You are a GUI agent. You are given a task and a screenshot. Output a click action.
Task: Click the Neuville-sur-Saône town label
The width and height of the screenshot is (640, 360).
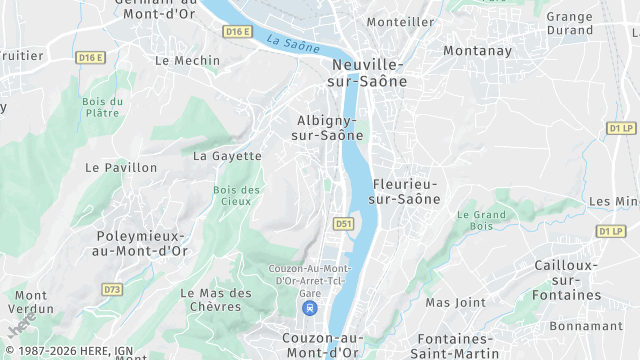370,73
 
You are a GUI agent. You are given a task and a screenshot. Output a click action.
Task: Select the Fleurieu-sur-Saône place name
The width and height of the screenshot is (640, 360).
405,191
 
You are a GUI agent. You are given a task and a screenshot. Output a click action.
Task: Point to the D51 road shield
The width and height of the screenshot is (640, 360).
344,223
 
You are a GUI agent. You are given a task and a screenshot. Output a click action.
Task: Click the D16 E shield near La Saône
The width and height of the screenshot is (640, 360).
237,32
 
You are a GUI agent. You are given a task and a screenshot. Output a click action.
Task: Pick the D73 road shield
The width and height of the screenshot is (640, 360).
112,289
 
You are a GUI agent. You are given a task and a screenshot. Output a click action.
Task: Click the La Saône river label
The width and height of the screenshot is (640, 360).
293,43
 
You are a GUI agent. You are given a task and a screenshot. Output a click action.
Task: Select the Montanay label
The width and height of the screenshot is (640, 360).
477,50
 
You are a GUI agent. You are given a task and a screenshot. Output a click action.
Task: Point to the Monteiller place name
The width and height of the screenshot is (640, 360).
401,21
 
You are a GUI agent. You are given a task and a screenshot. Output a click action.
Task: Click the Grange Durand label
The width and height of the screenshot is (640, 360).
569,23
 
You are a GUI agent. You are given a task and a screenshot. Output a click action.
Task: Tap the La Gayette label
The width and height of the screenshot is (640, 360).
227,156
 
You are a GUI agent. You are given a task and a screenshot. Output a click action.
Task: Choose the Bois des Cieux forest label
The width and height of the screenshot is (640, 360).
237,195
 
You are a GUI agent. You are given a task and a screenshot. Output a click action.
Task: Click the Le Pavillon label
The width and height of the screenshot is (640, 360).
122,167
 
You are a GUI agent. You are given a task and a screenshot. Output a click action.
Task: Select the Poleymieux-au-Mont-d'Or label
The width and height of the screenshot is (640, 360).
141,243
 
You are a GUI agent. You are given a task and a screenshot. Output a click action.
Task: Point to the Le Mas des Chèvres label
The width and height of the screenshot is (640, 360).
216,300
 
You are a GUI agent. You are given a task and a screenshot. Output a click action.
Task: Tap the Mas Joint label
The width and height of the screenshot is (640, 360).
455,302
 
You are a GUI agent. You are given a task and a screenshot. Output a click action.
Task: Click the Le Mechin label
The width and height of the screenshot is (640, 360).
187,60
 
